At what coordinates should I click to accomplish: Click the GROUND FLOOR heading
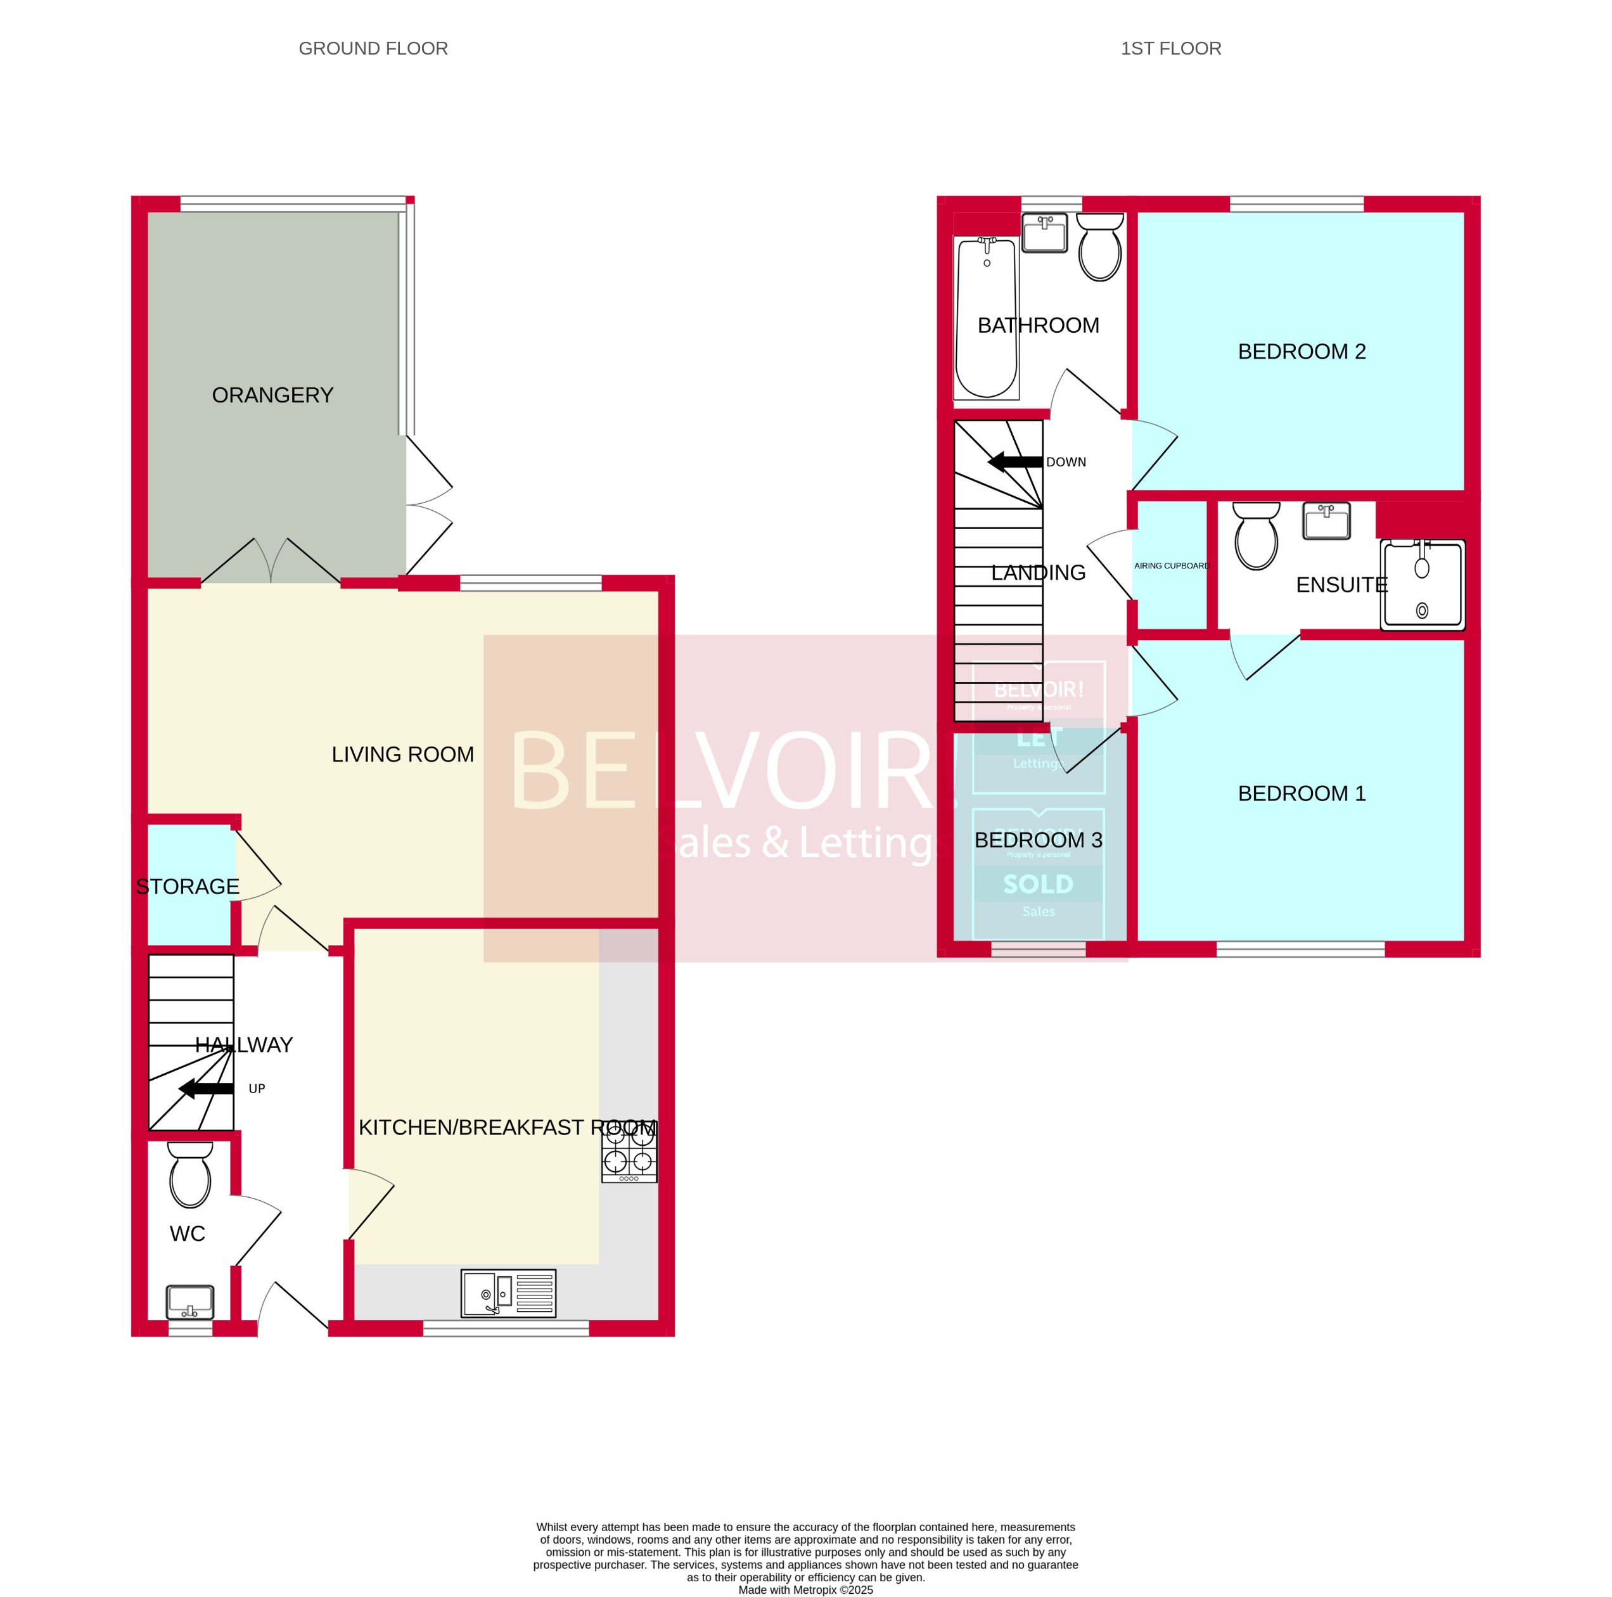click(373, 48)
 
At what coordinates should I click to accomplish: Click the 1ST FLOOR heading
click(1170, 48)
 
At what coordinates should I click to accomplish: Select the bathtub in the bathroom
click(986, 317)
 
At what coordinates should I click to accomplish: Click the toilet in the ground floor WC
click(190, 1175)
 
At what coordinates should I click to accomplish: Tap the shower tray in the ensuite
click(1422, 585)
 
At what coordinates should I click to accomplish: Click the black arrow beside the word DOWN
click(1014, 461)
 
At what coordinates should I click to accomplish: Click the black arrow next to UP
click(206, 1088)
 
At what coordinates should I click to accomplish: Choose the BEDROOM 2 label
click(1301, 351)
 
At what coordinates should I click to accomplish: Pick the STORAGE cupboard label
click(188, 886)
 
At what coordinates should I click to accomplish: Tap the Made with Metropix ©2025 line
click(805, 1589)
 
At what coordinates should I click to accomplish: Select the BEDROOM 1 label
click(1301, 793)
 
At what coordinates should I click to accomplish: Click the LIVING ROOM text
click(402, 754)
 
